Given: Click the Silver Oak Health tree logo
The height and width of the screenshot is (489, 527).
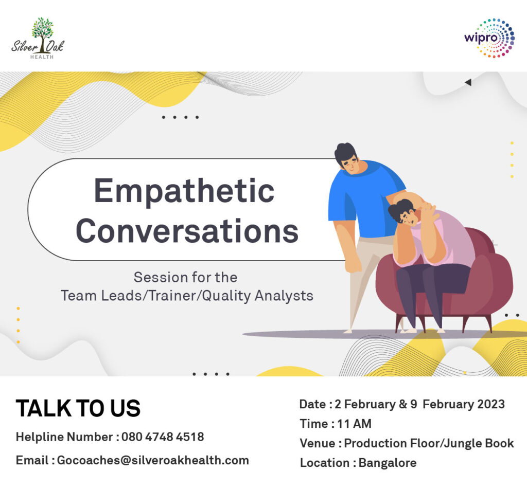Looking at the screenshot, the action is click(38, 38).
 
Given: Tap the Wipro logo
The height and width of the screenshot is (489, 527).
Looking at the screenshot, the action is click(489, 38).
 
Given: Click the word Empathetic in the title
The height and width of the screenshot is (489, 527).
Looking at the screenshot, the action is click(184, 192).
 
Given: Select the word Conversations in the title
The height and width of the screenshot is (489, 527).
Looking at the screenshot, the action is click(187, 231).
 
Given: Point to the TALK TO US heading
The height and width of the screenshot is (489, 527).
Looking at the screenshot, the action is click(78, 408).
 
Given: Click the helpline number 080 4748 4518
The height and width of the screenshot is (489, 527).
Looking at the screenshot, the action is click(163, 437).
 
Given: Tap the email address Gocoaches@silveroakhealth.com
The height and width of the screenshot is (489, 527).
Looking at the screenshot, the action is click(153, 460).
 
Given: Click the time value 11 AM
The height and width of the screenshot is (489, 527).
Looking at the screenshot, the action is click(354, 424).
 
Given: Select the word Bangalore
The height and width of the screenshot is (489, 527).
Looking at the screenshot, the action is click(388, 463).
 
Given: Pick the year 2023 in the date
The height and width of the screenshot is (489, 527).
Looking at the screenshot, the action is click(491, 404).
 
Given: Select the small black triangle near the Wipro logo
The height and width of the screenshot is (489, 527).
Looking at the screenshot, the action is click(468, 82).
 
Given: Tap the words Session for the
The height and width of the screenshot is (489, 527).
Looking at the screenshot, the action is click(185, 278).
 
